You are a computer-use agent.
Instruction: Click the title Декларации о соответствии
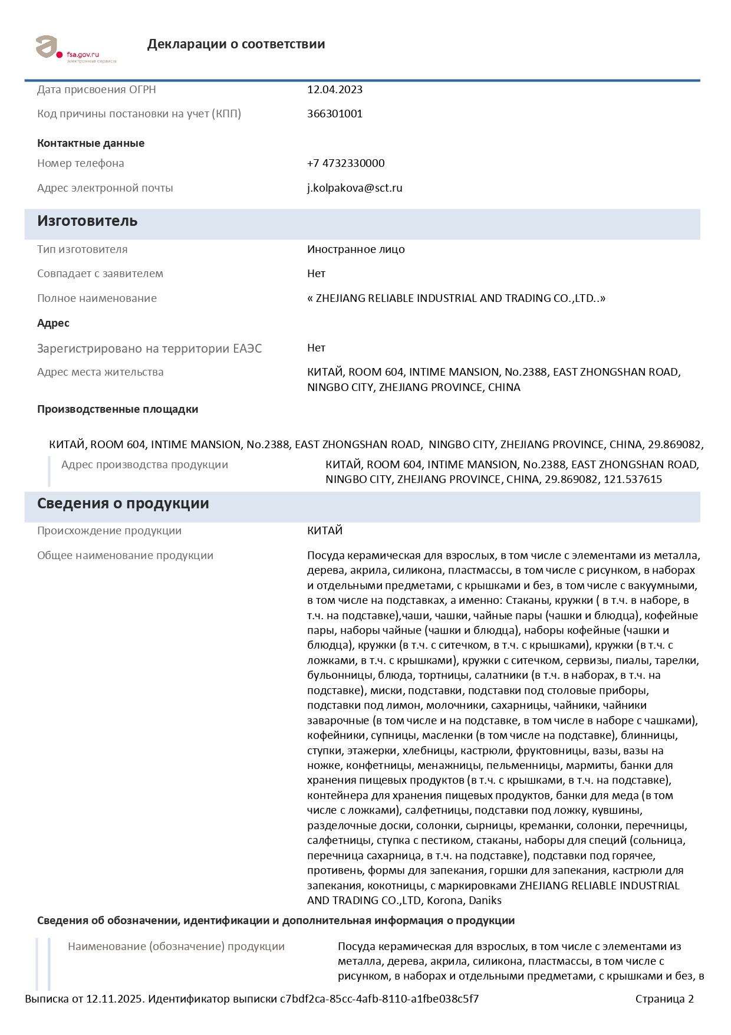point(236,44)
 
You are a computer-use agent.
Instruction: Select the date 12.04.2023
point(335,90)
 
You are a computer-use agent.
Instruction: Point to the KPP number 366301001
point(335,114)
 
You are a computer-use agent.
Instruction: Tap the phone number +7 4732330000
point(346,163)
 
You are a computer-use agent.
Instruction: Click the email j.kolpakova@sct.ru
point(355,188)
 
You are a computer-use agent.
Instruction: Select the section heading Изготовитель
point(87,221)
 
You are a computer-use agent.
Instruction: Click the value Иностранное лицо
point(356,249)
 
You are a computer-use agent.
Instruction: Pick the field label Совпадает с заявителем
point(100,274)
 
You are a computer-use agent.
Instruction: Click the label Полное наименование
point(97,298)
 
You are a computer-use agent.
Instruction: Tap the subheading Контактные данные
point(91,143)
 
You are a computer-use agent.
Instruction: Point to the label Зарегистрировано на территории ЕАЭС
point(149,349)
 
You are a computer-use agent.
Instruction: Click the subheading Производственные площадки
point(117,409)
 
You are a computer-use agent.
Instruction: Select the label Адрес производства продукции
point(144,465)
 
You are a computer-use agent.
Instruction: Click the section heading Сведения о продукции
point(123,504)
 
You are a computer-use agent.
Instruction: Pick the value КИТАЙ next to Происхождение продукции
point(325,531)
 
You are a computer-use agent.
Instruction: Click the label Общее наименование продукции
point(125,556)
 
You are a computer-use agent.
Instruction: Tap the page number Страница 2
point(664,999)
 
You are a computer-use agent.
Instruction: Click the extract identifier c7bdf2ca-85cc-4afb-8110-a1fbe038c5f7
point(379,999)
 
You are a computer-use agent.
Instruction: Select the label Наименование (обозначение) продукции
point(176,947)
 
